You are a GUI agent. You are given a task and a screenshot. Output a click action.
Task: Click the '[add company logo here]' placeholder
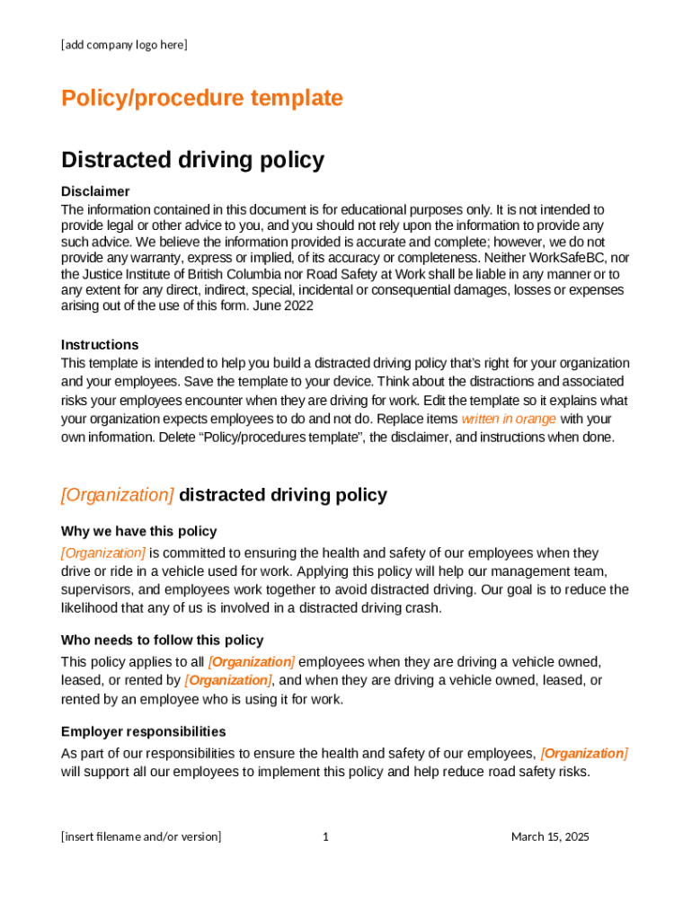(124, 44)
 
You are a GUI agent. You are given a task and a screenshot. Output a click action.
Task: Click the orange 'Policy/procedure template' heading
(201, 98)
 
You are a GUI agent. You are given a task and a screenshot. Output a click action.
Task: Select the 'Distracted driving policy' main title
(192, 160)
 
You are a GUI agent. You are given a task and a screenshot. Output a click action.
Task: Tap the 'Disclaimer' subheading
(95, 191)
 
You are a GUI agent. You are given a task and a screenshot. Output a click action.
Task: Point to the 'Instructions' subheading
(100, 345)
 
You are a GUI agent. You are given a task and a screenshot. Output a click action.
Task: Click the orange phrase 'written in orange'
(509, 419)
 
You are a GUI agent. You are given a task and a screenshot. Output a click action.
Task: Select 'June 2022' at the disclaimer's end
(284, 305)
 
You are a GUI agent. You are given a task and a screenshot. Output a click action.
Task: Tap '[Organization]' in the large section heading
(118, 495)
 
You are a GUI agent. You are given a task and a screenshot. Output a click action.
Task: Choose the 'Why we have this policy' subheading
(138, 531)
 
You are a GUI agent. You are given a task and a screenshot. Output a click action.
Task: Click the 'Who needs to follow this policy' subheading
(162, 640)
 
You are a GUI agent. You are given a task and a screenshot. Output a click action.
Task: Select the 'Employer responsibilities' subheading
(143, 731)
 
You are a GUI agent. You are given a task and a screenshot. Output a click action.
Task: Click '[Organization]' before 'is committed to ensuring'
(102, 553)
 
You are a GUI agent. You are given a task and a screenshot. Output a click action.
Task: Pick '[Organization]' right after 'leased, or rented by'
(227, 680)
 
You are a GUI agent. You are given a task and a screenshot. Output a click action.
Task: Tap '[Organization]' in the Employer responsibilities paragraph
(584, 753)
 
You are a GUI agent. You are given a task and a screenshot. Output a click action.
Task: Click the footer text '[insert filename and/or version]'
(141, 836)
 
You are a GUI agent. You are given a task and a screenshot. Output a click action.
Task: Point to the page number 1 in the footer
(325, 836)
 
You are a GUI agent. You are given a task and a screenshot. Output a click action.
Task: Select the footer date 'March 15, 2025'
(550, 836)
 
